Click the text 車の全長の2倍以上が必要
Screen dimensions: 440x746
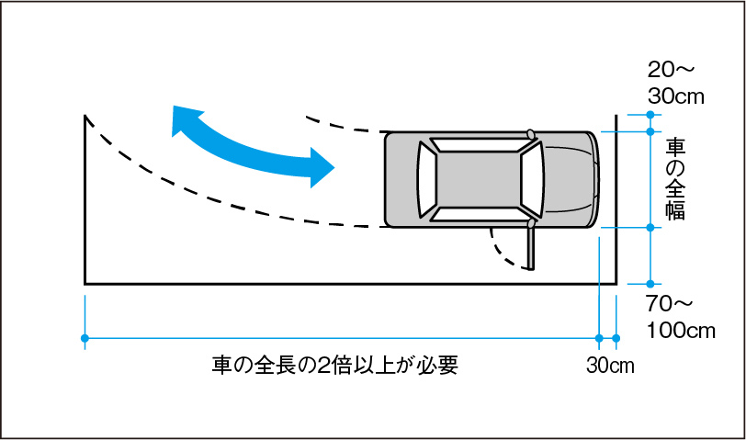(x=334, y=366)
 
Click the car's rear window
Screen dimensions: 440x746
(x=424, y=179)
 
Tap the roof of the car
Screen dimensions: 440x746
(x=478, y=179)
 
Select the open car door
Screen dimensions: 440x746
(x=530, y=246)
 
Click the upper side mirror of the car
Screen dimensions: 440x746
(x=531, y=134)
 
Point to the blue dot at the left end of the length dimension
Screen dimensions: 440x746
(x=85, y=338)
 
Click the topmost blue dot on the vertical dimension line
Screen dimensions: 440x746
(x=650, y=114)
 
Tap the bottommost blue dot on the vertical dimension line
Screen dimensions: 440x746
(x=650, y=283)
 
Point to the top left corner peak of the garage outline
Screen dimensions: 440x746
(x=85, y=117)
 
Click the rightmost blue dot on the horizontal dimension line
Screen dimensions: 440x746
(x=616, y=338)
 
